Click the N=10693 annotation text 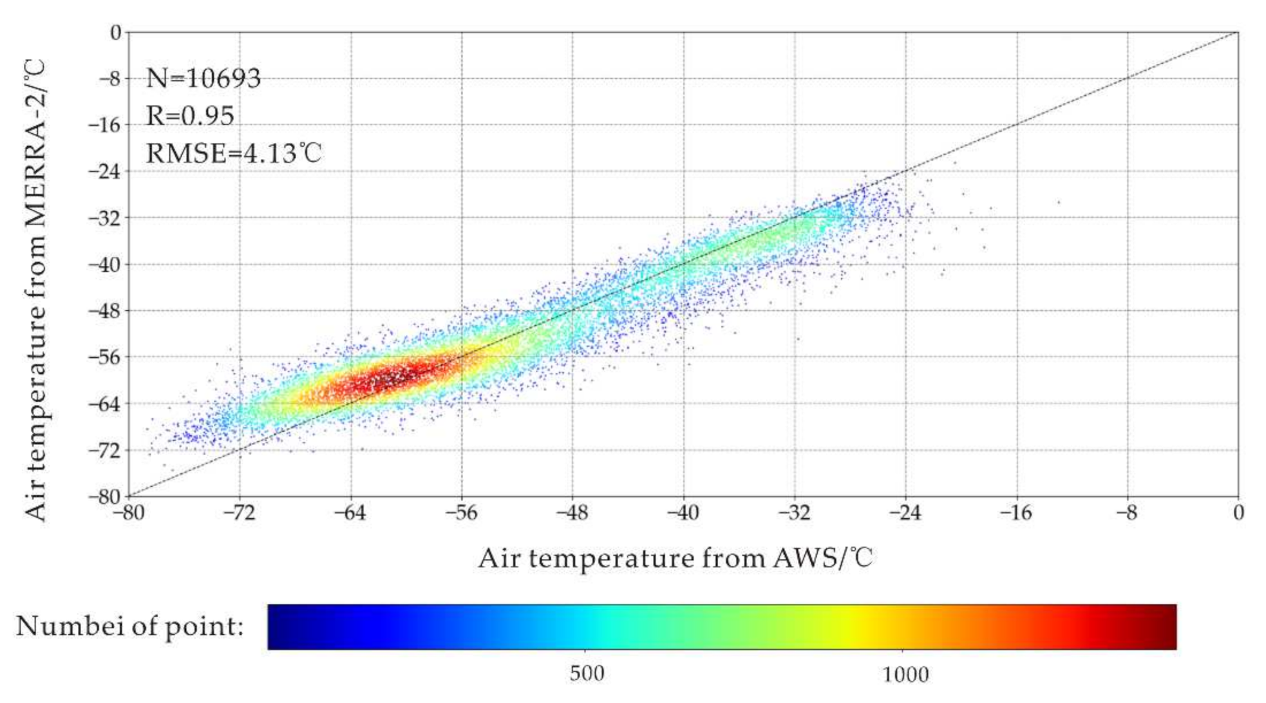(203, 79)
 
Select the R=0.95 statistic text (190, 116)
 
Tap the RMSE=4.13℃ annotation (233, 153)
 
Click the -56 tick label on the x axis (461, 513)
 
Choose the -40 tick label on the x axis (683, 513)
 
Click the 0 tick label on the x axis (1238, 513)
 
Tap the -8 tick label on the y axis (109, 79)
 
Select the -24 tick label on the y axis (105, 171)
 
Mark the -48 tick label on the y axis (105, 311)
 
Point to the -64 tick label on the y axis (105, 404)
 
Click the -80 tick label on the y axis (105, 496)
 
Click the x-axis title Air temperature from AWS (675, 558)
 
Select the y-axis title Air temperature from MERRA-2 (36, 290)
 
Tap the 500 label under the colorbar (587, 673)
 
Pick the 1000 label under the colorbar (905, 675)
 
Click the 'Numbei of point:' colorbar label (129, 626)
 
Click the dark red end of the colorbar (1162, 626)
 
